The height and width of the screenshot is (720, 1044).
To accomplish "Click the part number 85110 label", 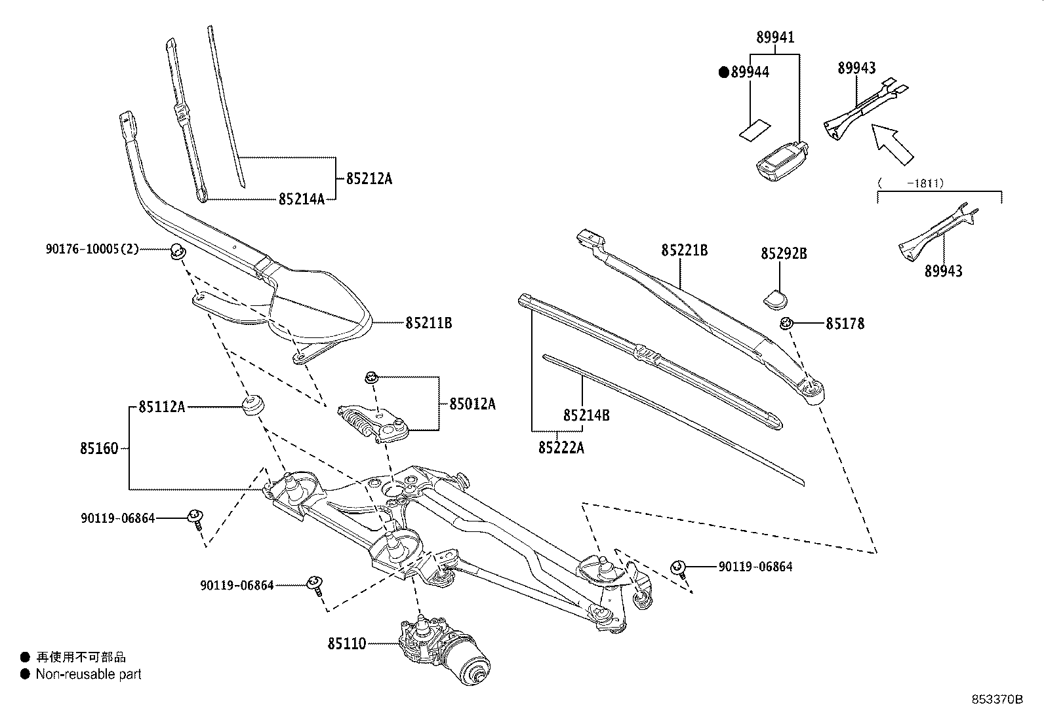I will click(x=347, y=644).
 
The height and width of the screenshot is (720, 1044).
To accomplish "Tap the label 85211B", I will click(x=428, y=322).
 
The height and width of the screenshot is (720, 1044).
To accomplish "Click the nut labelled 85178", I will click(x=787, y=323).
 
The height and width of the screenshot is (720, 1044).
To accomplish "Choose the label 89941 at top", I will click(x=775, y=37).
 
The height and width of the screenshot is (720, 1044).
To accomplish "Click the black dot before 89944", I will click(x=724, y=73).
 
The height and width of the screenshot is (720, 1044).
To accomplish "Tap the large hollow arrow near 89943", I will click(x=891, y=143).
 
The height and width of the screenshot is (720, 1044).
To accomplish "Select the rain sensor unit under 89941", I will click(x=780, y=159).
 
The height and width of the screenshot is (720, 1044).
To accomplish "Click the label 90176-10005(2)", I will click(x=92, y=249).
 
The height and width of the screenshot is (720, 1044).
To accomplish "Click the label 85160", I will click(x=100, y=449).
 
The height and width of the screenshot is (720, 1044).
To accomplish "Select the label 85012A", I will click(x=472, y=404).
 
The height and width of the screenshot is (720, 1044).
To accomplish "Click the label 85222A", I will click(x=561, y=447).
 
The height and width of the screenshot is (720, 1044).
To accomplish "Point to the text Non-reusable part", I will click(x=89, y=674).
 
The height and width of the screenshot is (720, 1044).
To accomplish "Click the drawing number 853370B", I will click(x=997, y=699).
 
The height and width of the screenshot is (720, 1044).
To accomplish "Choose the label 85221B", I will click(x=684, y=250).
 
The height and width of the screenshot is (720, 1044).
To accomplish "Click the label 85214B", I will click(x=586, y=415).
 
